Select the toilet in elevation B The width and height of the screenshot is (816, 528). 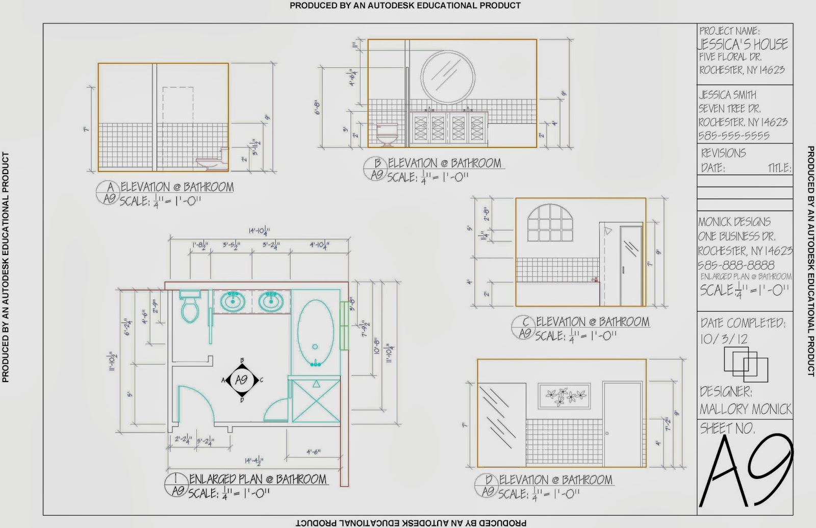tap(387, 134)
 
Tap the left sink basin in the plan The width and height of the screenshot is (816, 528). tap(233, 301)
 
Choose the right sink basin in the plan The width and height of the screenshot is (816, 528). tap(271, 301)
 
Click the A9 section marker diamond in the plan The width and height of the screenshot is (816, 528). tap(242, 380)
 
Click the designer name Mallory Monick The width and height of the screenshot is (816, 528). tap(746, 409)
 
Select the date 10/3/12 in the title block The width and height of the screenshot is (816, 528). tap(724, 339)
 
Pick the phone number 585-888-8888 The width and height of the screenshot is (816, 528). tap(736, 265)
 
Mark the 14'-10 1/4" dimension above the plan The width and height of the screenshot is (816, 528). tap(259, 231)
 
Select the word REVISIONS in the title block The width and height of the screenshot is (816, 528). tap(723, 153)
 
